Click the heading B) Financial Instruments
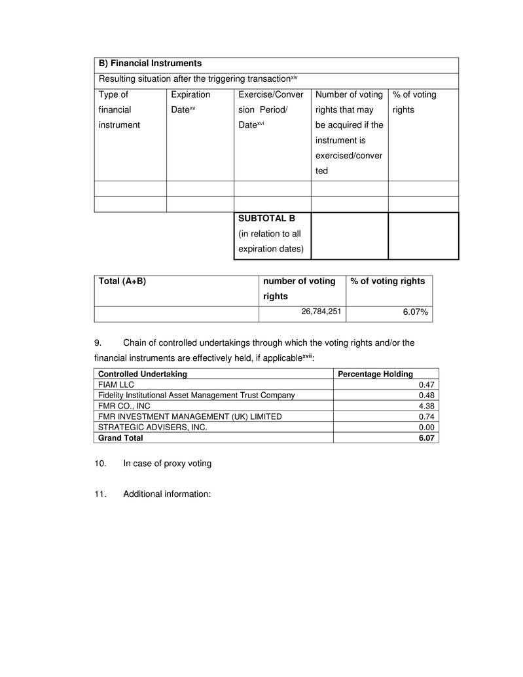150,64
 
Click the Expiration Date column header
190,102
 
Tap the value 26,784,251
321,311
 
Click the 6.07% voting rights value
415,312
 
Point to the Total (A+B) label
122,281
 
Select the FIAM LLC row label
116,384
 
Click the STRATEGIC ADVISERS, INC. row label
153,427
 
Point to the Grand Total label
120,437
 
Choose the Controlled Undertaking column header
142,374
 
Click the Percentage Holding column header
374,374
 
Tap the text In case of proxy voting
167,464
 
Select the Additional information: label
166,494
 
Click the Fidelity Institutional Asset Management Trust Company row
196,395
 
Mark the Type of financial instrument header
118,109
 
